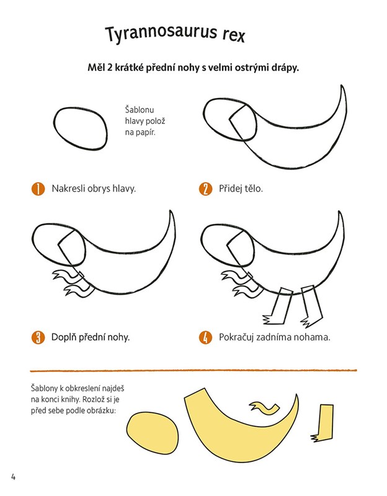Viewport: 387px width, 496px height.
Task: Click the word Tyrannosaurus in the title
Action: tap(161, 33)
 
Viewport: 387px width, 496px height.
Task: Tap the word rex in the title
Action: tap(234, 35)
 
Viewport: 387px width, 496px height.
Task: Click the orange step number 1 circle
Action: tap(38, 188)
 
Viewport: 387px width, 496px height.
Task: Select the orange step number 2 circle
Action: tap(205, 188)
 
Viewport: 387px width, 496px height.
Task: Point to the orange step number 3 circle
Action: tap(38, 337)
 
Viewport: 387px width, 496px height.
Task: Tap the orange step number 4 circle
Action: tap(205, 337)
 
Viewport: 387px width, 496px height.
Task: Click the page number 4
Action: tap(13, 477)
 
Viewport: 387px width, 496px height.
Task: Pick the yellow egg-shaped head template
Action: tap(153, 436)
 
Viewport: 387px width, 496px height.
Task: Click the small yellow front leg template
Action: tap(265, 408)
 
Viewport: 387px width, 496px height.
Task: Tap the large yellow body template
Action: tap(241, 440)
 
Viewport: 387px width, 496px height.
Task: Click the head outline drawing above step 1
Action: tap(54, 126)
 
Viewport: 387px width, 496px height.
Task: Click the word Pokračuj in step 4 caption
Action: tap(236, 337)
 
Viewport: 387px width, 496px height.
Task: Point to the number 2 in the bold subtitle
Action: tap(110, 68)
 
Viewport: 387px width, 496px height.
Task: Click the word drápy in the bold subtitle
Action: tap(285, 68)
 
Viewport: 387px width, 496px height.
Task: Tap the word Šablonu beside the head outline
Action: tap(140, 110)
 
